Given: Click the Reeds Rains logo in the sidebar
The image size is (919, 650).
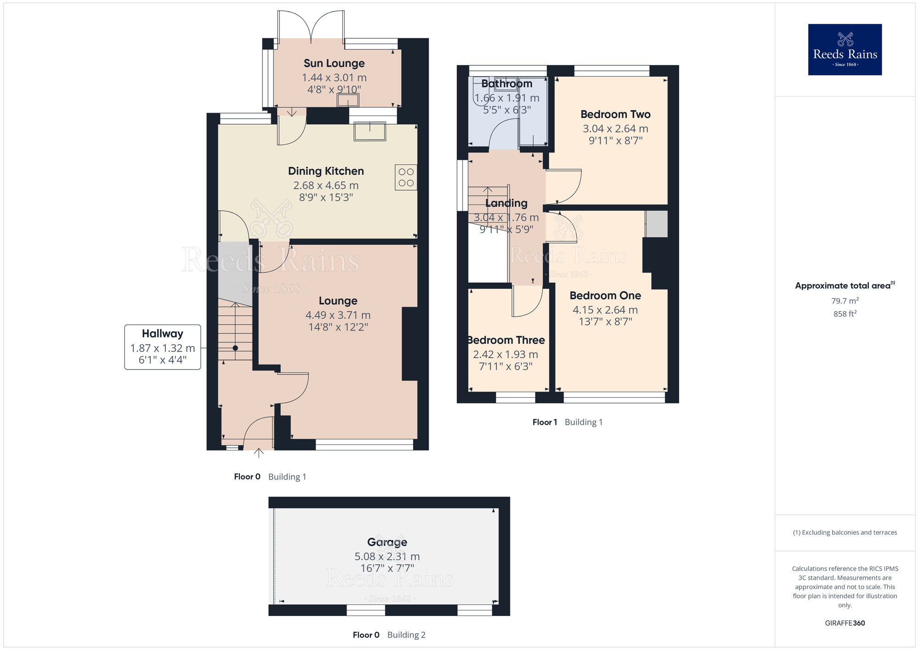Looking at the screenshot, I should [x=845, y=50].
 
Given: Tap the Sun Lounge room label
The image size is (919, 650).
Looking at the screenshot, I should [x=334, y=63].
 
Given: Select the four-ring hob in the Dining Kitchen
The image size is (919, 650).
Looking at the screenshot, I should [x=406, y=177].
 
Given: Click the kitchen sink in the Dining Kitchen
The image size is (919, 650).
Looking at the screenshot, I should [x=369, y=131].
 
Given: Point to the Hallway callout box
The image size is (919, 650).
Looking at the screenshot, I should [x=163, y=347].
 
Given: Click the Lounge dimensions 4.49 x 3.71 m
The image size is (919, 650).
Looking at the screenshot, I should [x=338, y=315].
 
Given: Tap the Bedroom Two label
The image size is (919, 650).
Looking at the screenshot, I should [x=615, y=114].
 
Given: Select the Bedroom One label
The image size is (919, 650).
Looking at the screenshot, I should [x=605, y=296].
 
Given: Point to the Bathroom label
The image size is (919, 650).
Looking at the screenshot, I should [x=506, y=84].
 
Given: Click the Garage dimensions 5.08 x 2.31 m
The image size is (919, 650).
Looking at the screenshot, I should [x=387, y=557].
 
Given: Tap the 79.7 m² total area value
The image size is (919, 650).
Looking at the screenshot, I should [x=845, y=301].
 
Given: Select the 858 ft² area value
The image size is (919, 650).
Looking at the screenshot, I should [x=845, y=314].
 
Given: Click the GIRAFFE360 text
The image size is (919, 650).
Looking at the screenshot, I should [x=845, y=623].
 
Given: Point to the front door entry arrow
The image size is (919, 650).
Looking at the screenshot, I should [x=259, y=453].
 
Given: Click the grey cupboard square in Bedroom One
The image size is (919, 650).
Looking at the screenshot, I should [x=656, y=224].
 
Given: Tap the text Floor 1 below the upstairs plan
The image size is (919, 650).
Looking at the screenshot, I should [x=545, y=422].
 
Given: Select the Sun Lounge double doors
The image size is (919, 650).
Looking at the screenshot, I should [x=311, y=25].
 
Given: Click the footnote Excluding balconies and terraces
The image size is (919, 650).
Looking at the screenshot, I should [x=845, y=532].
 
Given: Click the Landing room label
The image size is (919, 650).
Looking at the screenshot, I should [x=506, y=203].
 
